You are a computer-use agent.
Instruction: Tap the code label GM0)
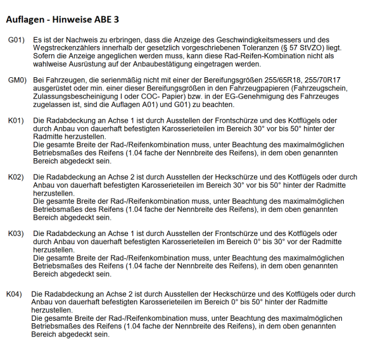pyautogui.click(x=17, y=80)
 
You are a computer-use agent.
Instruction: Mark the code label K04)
pyautogui.click(x=15, y=294)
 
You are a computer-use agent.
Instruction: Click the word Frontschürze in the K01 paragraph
pyautogui.click(x=225, y=120)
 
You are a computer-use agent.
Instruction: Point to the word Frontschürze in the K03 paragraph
pyautogui.click(x=225, y=233)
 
